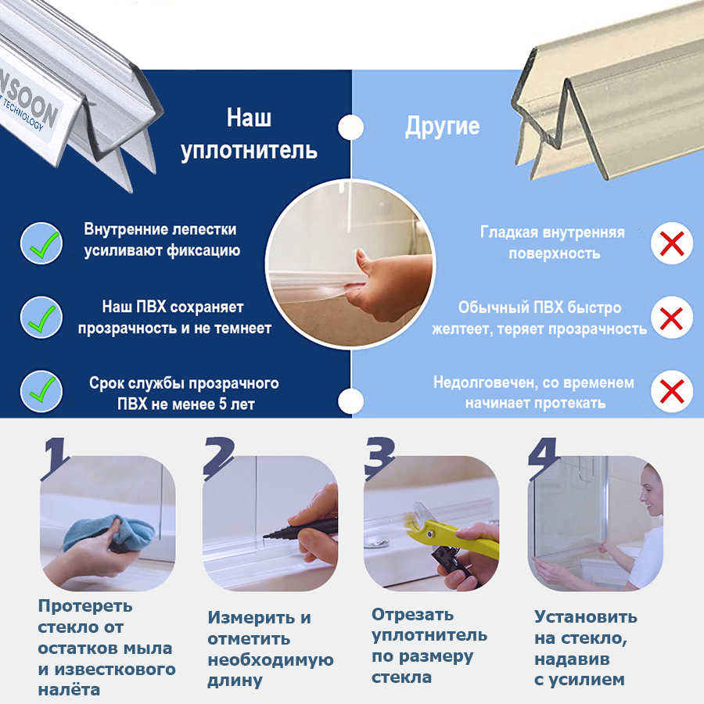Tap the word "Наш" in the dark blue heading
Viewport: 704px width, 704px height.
tap(250, 117)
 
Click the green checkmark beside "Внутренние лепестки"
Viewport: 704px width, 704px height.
tap(45, 245)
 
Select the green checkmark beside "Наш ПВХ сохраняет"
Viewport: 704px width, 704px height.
tap(44, 319)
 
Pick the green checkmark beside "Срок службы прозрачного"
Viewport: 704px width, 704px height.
tap(44, 390)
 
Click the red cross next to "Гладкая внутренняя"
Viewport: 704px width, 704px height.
tap(672, 243)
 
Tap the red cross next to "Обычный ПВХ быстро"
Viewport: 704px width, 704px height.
tap(672, 318)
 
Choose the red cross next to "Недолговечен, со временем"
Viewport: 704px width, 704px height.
tap(672, 391)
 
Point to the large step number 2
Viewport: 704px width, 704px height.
tap(219, 458)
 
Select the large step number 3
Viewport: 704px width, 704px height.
tap(379, 458)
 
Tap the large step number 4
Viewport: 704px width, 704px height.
tap(544, 458)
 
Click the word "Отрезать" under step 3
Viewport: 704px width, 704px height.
tap(412, 614)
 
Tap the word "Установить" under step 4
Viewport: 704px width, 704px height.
tap(585, 617)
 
